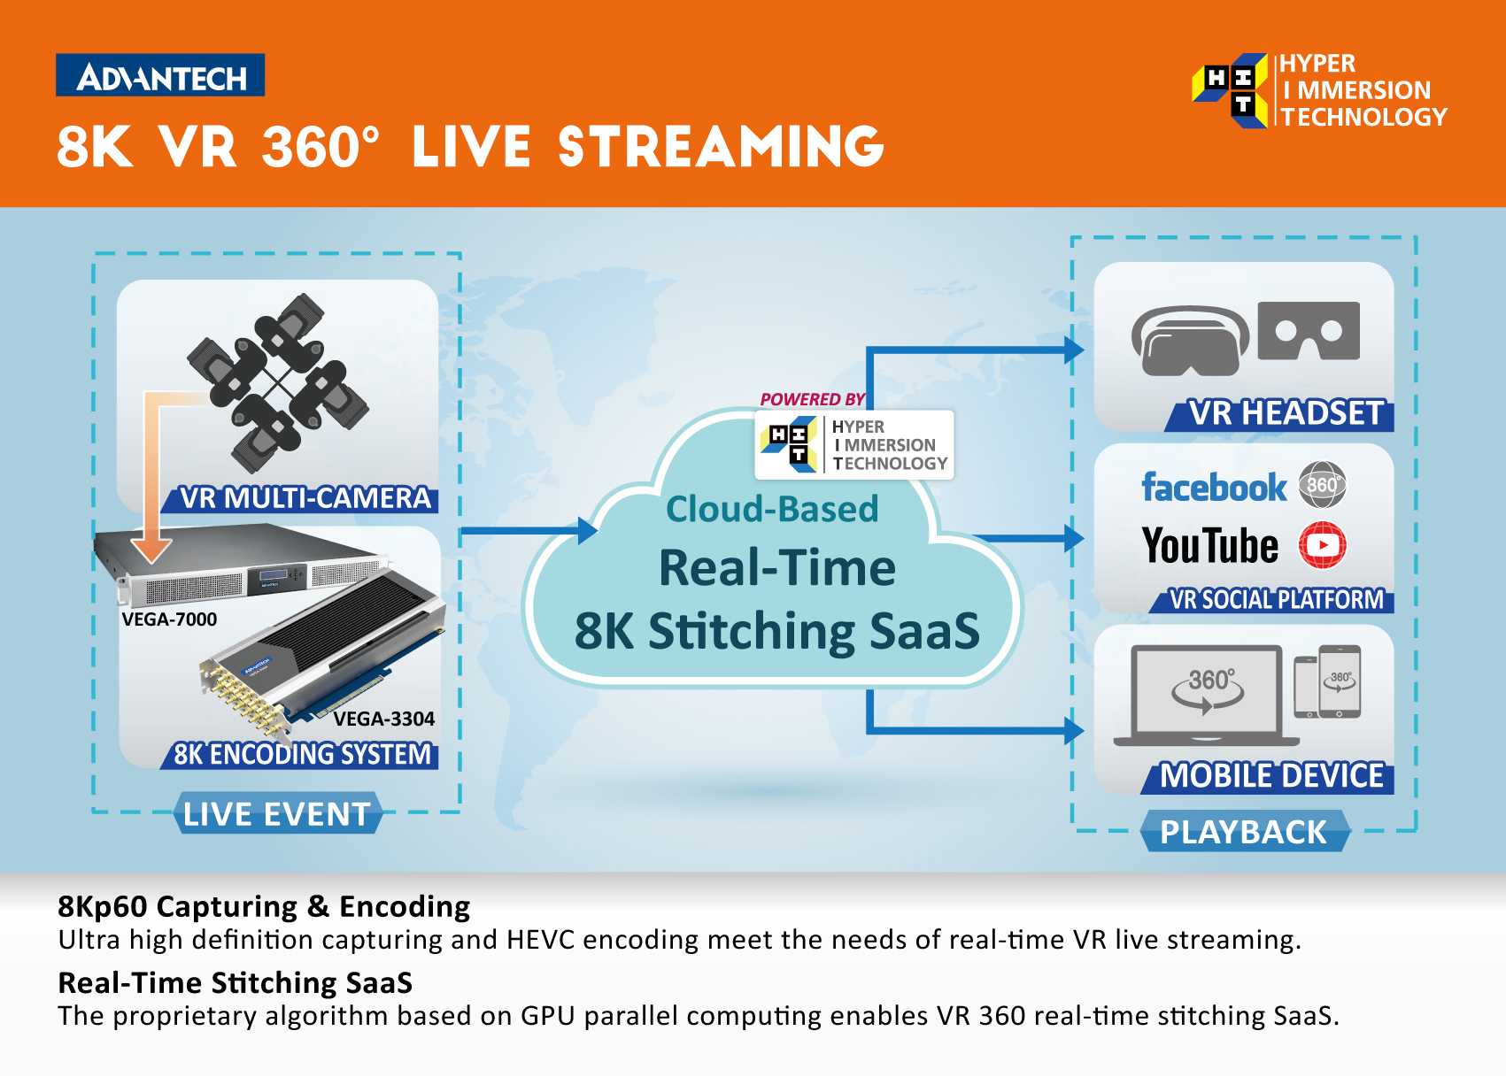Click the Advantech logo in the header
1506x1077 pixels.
(x=160, y=75)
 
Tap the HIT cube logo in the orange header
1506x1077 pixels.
(x=1230, y=90)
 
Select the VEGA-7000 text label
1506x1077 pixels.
(x=169, y=619)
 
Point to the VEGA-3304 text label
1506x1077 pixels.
(x=384, y=719)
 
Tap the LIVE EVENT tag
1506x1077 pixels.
(x=278, y=813)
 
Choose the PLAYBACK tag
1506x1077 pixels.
(x=1245, y=832)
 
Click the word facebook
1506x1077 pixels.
(x=1214, y=488)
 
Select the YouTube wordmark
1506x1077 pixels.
(x=1210, y=545)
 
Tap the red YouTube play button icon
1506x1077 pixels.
(x=1322, y=545)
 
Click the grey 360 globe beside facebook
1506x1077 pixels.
(x=1322, y=484)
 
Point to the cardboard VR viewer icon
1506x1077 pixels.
(x=1309, y=331)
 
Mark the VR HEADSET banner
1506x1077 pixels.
(x=1280, y=413)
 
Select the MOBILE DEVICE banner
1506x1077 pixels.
(x=1269, y=776)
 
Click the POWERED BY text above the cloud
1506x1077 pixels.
(x=812, y=399)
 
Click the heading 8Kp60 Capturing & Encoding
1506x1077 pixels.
(x=264, y=907)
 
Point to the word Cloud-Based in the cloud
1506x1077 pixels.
(x=773, y=509)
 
